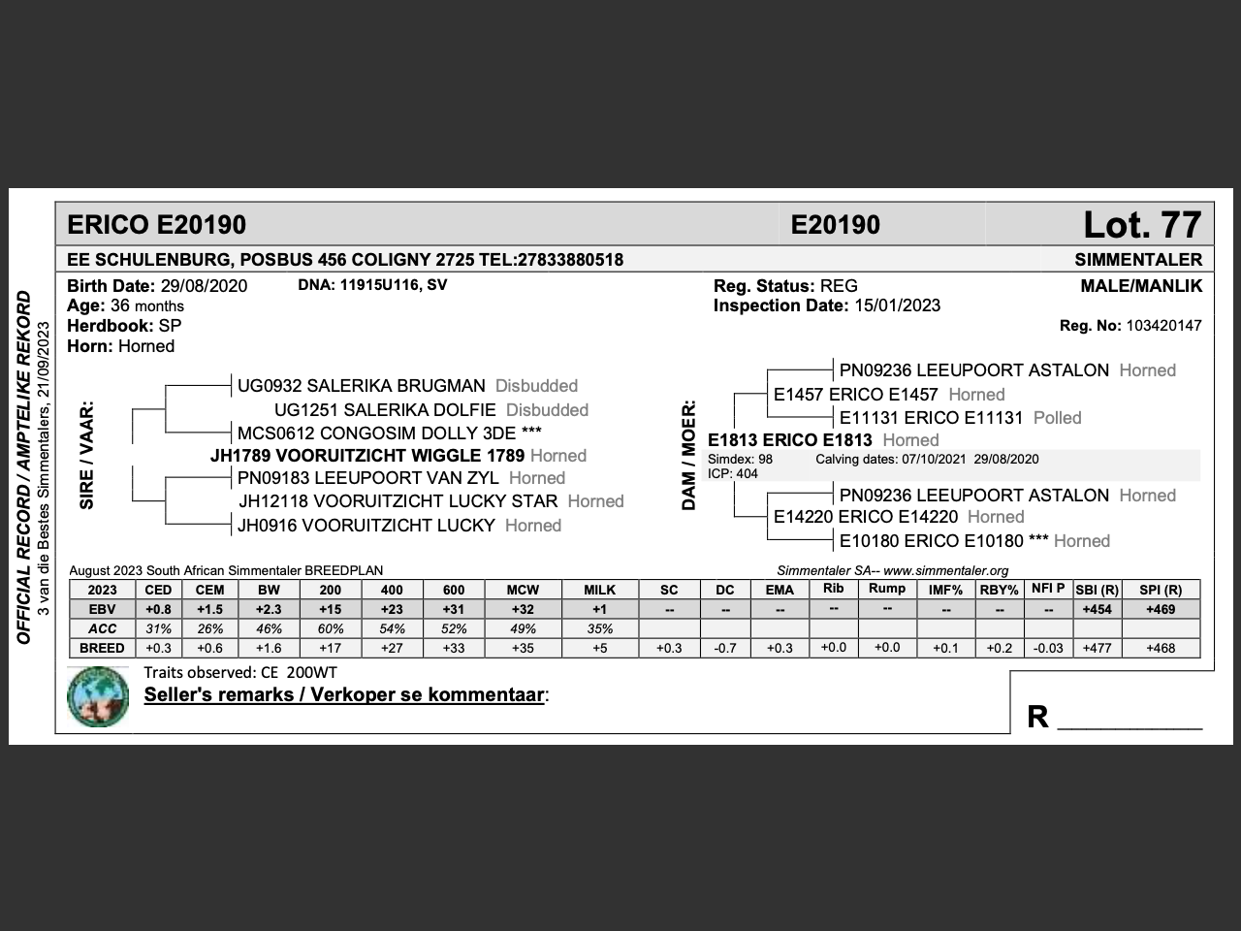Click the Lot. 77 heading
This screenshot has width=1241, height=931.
coord(1141,225)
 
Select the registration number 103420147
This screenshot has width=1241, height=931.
coord(1163,326)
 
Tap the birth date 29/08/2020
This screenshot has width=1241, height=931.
coord(204,286)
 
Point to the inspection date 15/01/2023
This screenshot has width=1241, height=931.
coord(897,305)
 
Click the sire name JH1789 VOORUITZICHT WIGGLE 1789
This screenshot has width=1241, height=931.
coord(367,456)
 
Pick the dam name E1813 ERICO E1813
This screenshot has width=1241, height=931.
coord(789,440)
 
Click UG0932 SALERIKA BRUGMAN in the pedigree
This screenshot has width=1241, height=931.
coord(361,386)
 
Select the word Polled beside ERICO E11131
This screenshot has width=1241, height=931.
coord(1057,418)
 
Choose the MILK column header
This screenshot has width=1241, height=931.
coord(599,590)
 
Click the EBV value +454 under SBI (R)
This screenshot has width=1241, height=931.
coord(1097,609)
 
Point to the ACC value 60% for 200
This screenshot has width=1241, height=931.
coord(330,628)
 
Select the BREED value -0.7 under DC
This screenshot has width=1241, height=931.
coord(724,648)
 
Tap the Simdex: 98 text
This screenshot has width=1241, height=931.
coord(740,460)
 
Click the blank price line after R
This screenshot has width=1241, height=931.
coord(1130,720)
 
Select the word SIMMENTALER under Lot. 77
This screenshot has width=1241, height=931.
coord(1138,260)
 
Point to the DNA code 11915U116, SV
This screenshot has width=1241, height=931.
coord(387,285)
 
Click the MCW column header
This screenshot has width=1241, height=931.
coord(522,590)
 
